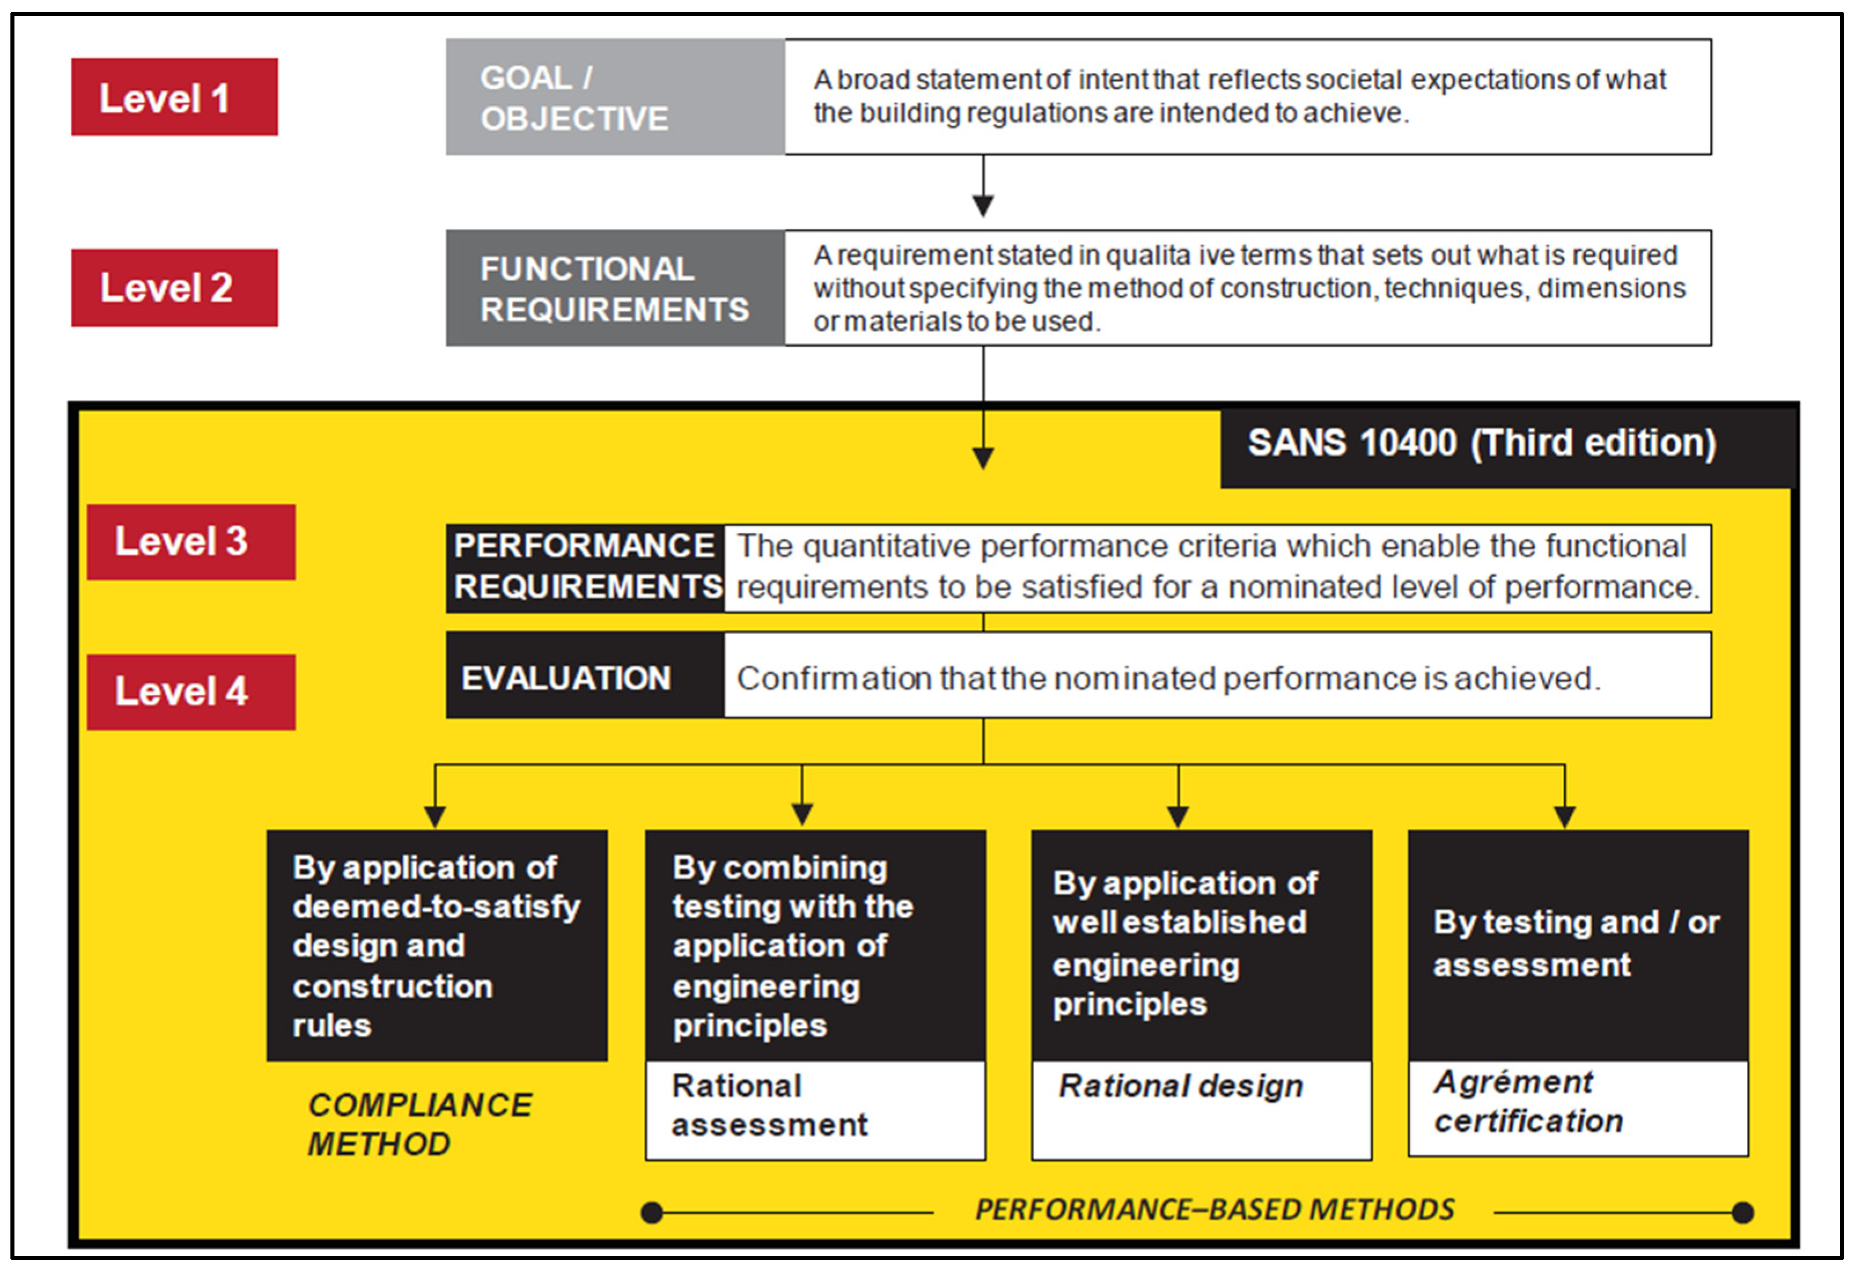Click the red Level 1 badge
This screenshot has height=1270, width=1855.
click(174, 97)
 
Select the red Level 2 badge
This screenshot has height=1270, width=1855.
click(174, 287)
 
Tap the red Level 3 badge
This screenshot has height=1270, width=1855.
click(191, 542)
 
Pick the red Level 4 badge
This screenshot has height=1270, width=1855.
click(191, 691)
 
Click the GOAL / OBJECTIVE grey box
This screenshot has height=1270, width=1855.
click(615, 97)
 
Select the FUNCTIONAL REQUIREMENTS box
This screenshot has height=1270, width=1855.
click(615, 288)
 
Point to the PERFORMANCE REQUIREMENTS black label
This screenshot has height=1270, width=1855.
click(585, 567)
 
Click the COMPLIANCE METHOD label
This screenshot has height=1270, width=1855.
click(419, 1124)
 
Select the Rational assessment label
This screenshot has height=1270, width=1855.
click(769, 1106)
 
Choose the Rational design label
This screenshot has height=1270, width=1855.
click(1181, 1087)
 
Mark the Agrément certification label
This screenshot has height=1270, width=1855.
click(1528, 1102)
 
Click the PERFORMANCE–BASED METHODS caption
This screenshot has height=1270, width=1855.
click(1214, 1210)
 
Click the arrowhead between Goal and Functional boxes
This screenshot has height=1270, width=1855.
click(983, 206)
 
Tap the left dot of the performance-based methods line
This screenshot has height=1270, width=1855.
click(652, 1213)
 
